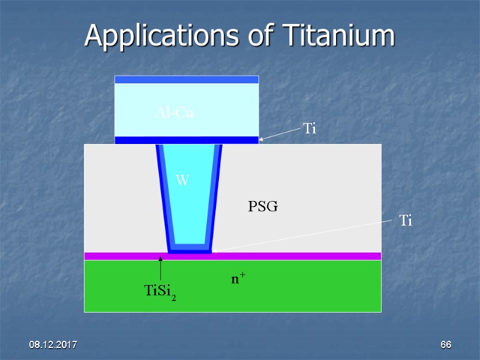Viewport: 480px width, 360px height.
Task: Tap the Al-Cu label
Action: (175, 112)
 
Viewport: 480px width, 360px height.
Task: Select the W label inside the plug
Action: (182, 179)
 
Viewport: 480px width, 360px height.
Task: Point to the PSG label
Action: (263, 207)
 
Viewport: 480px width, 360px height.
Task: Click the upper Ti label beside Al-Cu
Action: (310, 128)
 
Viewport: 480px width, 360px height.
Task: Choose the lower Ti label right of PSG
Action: (406, 221)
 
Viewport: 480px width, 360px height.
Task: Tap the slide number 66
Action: (445, 345)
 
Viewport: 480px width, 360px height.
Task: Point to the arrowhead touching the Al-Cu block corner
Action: (262, 140)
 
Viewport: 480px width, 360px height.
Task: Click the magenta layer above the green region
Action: (300, 256)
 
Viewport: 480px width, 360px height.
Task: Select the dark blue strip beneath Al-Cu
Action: (187, 140)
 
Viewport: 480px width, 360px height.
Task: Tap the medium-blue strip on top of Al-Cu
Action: (187, 79)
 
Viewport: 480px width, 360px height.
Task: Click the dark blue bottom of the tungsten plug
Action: (190, 251)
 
